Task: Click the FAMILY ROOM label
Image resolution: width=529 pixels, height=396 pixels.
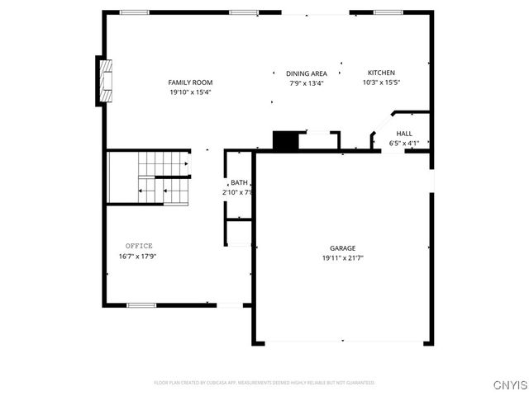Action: tap(190, 82)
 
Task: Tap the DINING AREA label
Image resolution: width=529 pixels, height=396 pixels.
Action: tap(307, 73)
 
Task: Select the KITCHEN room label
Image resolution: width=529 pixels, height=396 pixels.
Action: tap(381, 73)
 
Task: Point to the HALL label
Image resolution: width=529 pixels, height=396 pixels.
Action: tap(404, 134)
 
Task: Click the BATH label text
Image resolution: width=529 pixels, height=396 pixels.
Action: tap(239, 182)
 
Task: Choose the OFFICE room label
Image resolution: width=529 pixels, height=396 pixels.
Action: tap(139, 246)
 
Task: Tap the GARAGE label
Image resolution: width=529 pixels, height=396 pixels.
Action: tap(343, 248)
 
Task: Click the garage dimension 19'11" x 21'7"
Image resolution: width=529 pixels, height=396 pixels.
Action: tap(343, 258)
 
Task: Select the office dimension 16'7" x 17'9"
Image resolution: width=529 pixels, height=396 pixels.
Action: tap(137, 256)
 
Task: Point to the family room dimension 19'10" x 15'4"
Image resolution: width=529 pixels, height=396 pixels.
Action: tap(190, 92)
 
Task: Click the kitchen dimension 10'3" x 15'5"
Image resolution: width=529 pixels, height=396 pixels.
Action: tap(381, 82)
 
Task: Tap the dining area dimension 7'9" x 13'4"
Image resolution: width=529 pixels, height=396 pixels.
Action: tap(307, 83)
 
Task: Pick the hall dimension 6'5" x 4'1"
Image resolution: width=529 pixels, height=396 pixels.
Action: tap(404, 144)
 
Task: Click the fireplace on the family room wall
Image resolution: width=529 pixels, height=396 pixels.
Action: tap(103, 81)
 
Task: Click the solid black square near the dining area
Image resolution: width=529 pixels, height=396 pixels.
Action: tap(285, 141)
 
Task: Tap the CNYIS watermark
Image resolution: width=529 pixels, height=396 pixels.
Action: tap(508, 385)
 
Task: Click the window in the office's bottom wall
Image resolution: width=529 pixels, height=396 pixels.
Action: tap(141, 305)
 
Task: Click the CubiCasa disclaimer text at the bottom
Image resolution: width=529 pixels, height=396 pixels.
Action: tap(264, 383)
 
